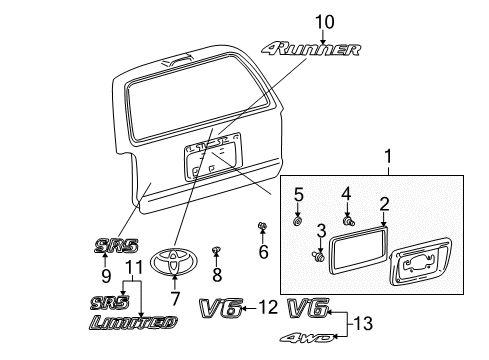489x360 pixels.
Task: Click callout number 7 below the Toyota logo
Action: tap(175, 298)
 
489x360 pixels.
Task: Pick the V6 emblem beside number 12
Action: tap(221, 309)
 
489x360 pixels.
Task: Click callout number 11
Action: tap(134, 267)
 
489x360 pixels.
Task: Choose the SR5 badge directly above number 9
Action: tap(115, 243)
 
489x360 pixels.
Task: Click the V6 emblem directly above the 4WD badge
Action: tap(309, 309)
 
